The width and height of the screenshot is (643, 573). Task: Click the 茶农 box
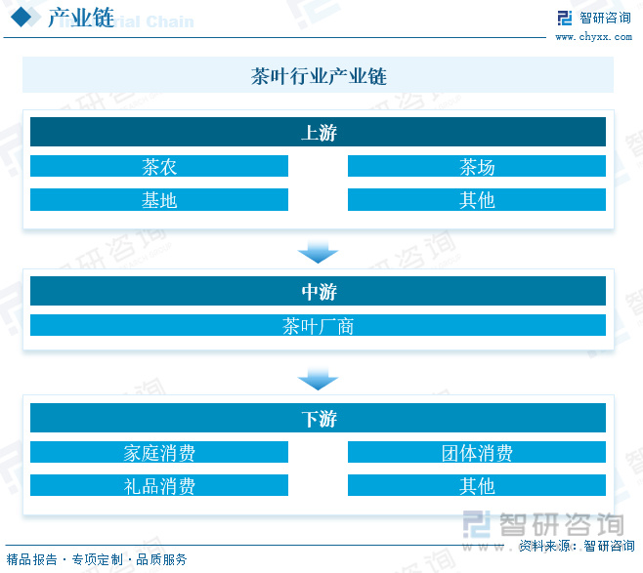point(159,167)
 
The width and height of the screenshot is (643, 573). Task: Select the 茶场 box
point(477,167)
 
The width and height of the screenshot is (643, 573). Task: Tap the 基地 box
point(159,200)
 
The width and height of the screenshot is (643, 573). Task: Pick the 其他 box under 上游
point(477,200)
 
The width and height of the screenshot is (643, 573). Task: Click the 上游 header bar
point(318,133)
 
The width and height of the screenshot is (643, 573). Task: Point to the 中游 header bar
point(318,292)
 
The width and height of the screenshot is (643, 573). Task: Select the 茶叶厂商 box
point(318,326)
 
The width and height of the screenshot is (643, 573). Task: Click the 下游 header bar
point(318,419)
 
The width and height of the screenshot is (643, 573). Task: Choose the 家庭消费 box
point(159,453)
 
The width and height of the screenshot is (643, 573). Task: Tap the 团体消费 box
point(477,453)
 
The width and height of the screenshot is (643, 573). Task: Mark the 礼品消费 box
point(159,485)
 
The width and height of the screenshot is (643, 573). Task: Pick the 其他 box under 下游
point(477,485)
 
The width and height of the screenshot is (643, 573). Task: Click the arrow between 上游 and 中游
point(318,253)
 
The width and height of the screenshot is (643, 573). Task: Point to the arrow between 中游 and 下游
point(318,379)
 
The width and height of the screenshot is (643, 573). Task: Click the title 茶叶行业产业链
point(319,76)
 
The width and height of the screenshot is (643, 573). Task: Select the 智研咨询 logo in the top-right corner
point(594,18)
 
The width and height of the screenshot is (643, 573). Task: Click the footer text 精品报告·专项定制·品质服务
point(96,559)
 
